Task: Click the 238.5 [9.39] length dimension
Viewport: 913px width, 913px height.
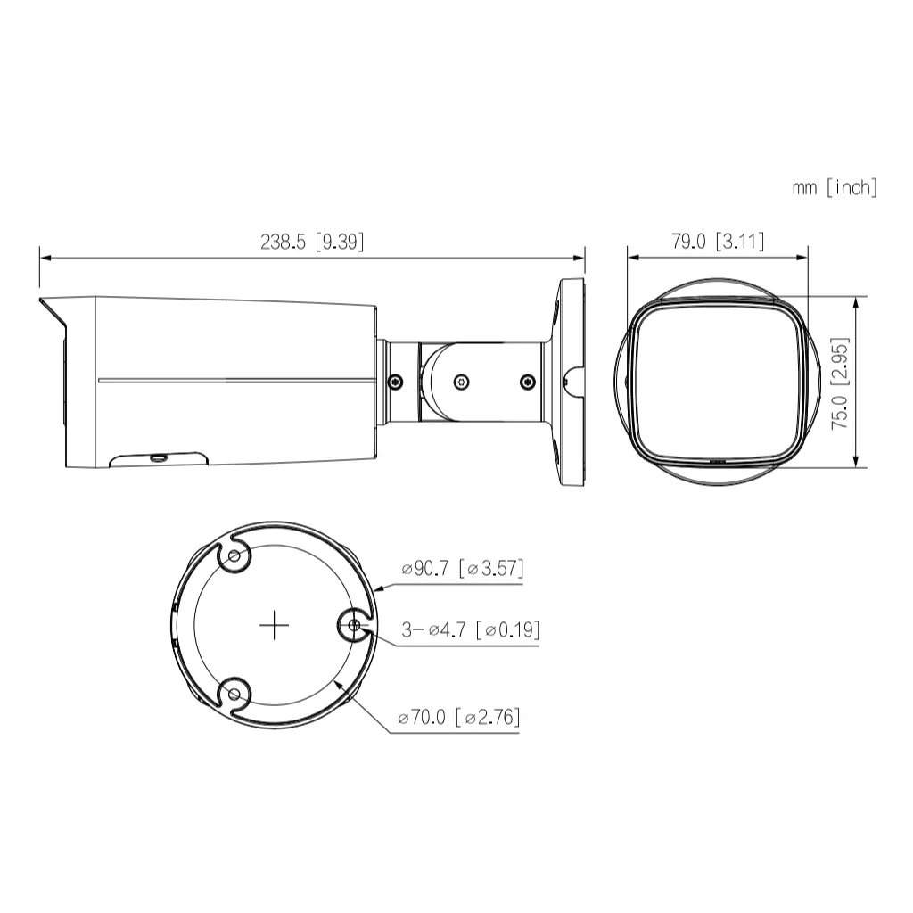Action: (x=312, y=242)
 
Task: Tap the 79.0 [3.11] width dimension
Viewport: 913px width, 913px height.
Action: (x=718, y=242)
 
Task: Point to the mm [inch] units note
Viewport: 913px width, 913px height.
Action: (x=835, y=187)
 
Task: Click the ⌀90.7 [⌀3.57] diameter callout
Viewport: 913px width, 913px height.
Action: (x=462, y=568)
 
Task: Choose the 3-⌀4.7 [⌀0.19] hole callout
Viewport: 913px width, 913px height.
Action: (x=470, y=630)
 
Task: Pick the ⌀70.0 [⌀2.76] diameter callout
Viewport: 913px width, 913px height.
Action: (x=459, y=717)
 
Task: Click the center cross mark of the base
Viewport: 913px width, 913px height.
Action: (x=274, y=626)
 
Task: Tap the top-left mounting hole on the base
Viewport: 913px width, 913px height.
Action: (x=234, y=557)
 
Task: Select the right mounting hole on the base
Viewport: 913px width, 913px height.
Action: (x=353, y=625)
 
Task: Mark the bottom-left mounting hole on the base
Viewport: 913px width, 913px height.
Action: (x=234, y=693)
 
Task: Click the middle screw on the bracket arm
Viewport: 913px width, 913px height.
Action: (x=460, y=382)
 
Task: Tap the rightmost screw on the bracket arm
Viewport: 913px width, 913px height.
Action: (x=526, y=382)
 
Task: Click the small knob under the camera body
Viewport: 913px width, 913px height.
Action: (x=158, y=458)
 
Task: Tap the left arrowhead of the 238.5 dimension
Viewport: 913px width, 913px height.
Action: (x=43, y=258)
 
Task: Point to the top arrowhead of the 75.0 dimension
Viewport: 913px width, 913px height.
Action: (x=856, y=300)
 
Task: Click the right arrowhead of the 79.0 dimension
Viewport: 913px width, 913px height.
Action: (x=805, y=258)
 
